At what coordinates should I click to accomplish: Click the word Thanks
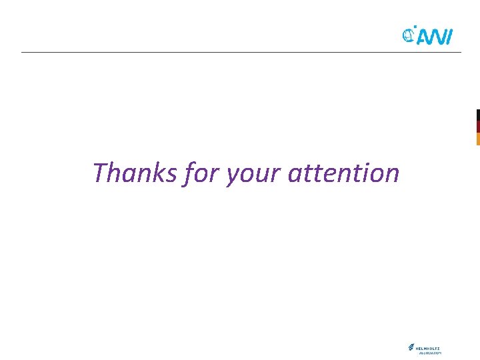pos(135,173)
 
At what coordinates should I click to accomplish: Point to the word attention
pos(344,173)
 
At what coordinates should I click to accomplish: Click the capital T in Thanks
pos(101,173)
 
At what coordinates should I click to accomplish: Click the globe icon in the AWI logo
pos(409,34)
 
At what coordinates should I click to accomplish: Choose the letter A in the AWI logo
pos(423,39)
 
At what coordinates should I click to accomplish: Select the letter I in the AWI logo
pos(450,39)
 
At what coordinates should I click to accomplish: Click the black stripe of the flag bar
pos(478,115)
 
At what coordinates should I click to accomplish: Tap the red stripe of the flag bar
pos(478,127)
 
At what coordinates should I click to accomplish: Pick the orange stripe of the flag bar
pos(478,139)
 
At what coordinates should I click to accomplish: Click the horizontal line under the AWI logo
pos(240,52)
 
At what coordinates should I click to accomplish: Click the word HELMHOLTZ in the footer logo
pos(428,347)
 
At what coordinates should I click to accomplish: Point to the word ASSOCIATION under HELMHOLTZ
pos(430,353)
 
